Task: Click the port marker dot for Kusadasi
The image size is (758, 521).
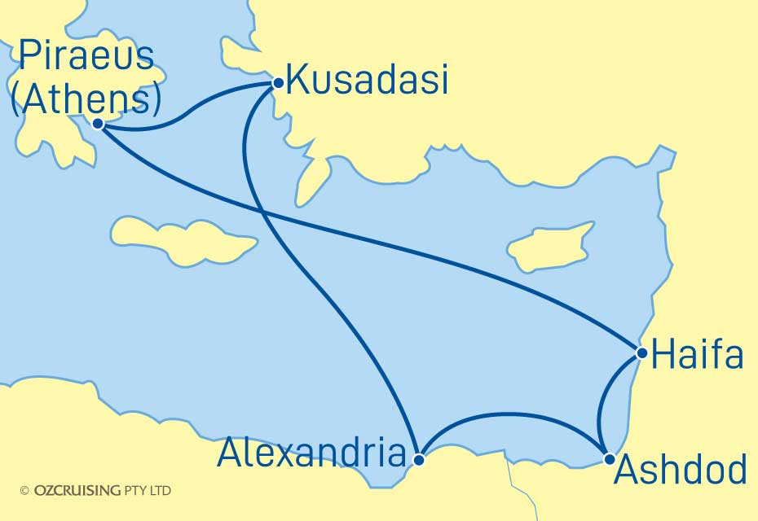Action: (x=278, y=82)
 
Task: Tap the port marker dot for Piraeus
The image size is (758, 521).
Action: (x=98, y=124)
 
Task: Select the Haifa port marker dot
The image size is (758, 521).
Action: (x=642, y=353)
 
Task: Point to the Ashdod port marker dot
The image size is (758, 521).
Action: (x=609, y=459)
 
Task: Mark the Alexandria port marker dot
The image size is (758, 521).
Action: (x=419, y=459)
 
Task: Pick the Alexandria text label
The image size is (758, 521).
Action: (x=311, y=454)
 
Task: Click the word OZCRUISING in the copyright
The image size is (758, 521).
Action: (x=78, y=491)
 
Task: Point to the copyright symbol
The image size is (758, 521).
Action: (x=24, y=491)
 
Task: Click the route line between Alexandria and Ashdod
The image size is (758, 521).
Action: (x=513, y=415)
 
